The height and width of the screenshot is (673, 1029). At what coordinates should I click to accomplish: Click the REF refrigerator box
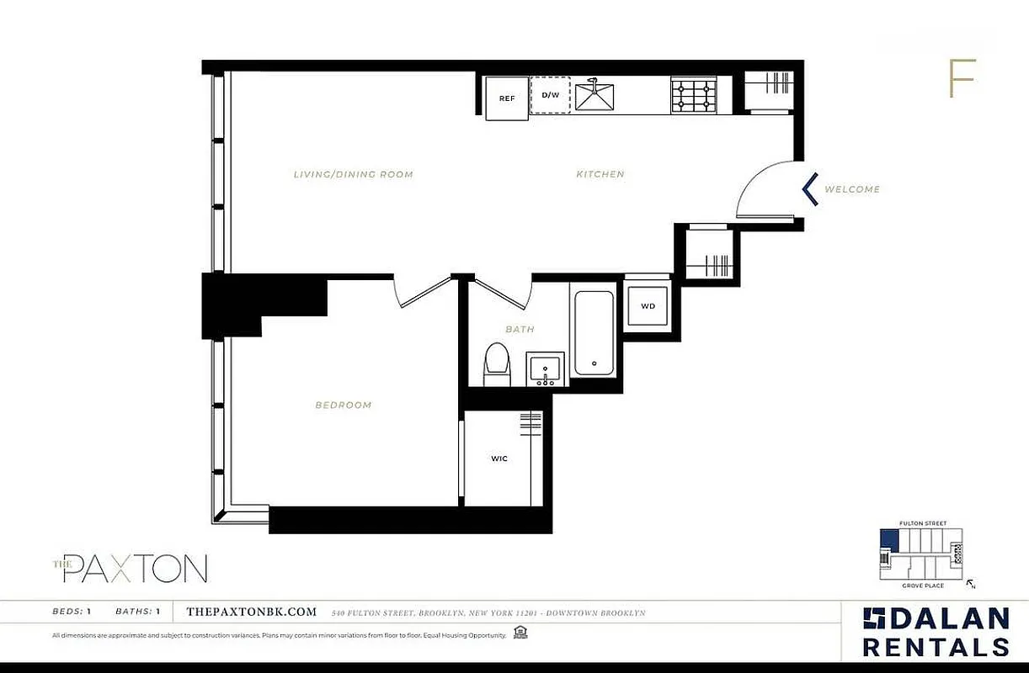click(x=507, y=98)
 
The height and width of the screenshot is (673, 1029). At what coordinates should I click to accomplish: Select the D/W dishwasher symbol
click(x=550, y=94)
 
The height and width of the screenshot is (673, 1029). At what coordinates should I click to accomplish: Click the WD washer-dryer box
click(x=648, y=305)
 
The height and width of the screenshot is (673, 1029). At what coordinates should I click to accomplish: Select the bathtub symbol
click(x=594, y=333)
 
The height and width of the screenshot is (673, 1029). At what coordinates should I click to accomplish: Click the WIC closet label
click(x=499, y=458)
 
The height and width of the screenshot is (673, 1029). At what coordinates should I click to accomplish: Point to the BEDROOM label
click(x=344, y=405)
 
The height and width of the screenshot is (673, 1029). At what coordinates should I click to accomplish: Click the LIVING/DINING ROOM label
click(x=353, y=175)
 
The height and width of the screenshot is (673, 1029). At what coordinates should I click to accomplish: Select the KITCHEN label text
click(x=600, y=175)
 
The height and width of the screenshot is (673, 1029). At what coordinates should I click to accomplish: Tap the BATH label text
click(x=520, y=329)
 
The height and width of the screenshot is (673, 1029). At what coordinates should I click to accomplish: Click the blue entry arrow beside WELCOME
click(x=810, y=189)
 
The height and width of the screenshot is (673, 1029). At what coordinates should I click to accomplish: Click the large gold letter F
click(x=962, y=79)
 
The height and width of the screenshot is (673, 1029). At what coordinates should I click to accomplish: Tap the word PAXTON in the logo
click(x=135, y=569)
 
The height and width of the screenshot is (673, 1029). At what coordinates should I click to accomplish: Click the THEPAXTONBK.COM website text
click(x=251, y=612)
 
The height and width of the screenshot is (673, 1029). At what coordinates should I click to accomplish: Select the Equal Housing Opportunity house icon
click(x=520, y=633)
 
